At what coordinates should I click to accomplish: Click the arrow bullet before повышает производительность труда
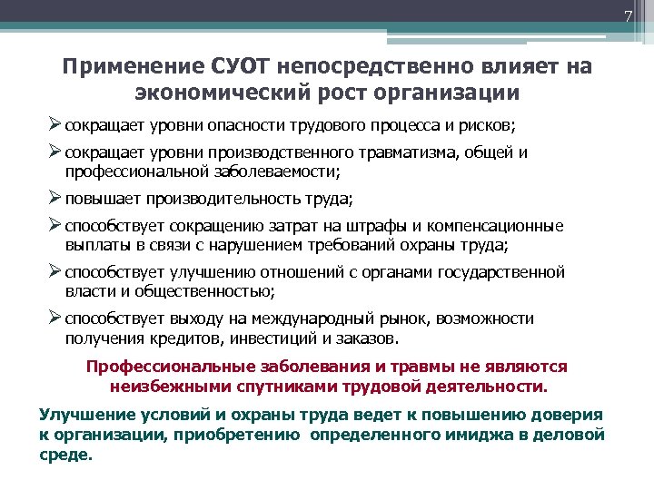[x=55, y=199]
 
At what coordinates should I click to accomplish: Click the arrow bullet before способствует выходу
[x=55, y=318]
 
